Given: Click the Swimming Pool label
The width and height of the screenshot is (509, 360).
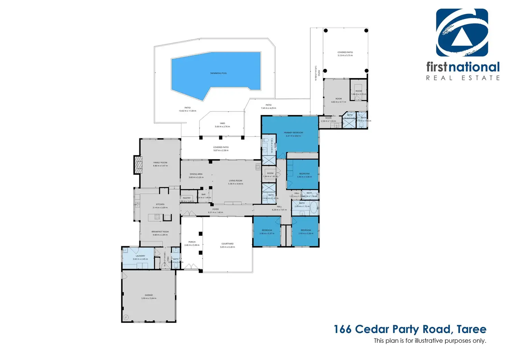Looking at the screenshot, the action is pos(219,73).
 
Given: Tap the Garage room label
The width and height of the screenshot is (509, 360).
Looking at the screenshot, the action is pos(149,295).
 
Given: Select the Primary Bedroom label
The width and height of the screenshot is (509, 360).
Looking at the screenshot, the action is pos(293,132).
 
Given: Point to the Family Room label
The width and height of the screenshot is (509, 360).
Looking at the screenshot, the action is pos(160,163).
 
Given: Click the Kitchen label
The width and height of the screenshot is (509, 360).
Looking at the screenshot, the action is pos(160,204).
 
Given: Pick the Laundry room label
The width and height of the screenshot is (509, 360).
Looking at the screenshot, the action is pos(140,256).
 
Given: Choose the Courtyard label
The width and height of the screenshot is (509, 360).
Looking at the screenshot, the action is pos(227,244).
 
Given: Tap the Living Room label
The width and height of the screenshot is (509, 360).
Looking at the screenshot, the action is pos(235,181).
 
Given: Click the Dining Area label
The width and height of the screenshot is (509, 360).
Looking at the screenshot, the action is pos(196,174).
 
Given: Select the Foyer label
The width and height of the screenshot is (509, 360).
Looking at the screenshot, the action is pos(215,209).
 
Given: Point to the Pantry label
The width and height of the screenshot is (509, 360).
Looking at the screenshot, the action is pos(187,198).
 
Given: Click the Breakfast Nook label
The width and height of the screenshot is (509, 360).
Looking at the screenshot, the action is pos(160,232).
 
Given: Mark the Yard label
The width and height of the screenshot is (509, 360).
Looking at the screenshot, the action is pos(222,123).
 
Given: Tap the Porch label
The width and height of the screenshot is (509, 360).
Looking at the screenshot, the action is pos(192,242).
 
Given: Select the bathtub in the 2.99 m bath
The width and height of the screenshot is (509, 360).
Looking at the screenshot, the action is pos(314,208).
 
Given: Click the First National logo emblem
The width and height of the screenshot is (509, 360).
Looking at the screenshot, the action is pos(462,33).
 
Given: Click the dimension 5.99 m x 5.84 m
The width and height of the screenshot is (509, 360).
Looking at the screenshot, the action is pos(149,298).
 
